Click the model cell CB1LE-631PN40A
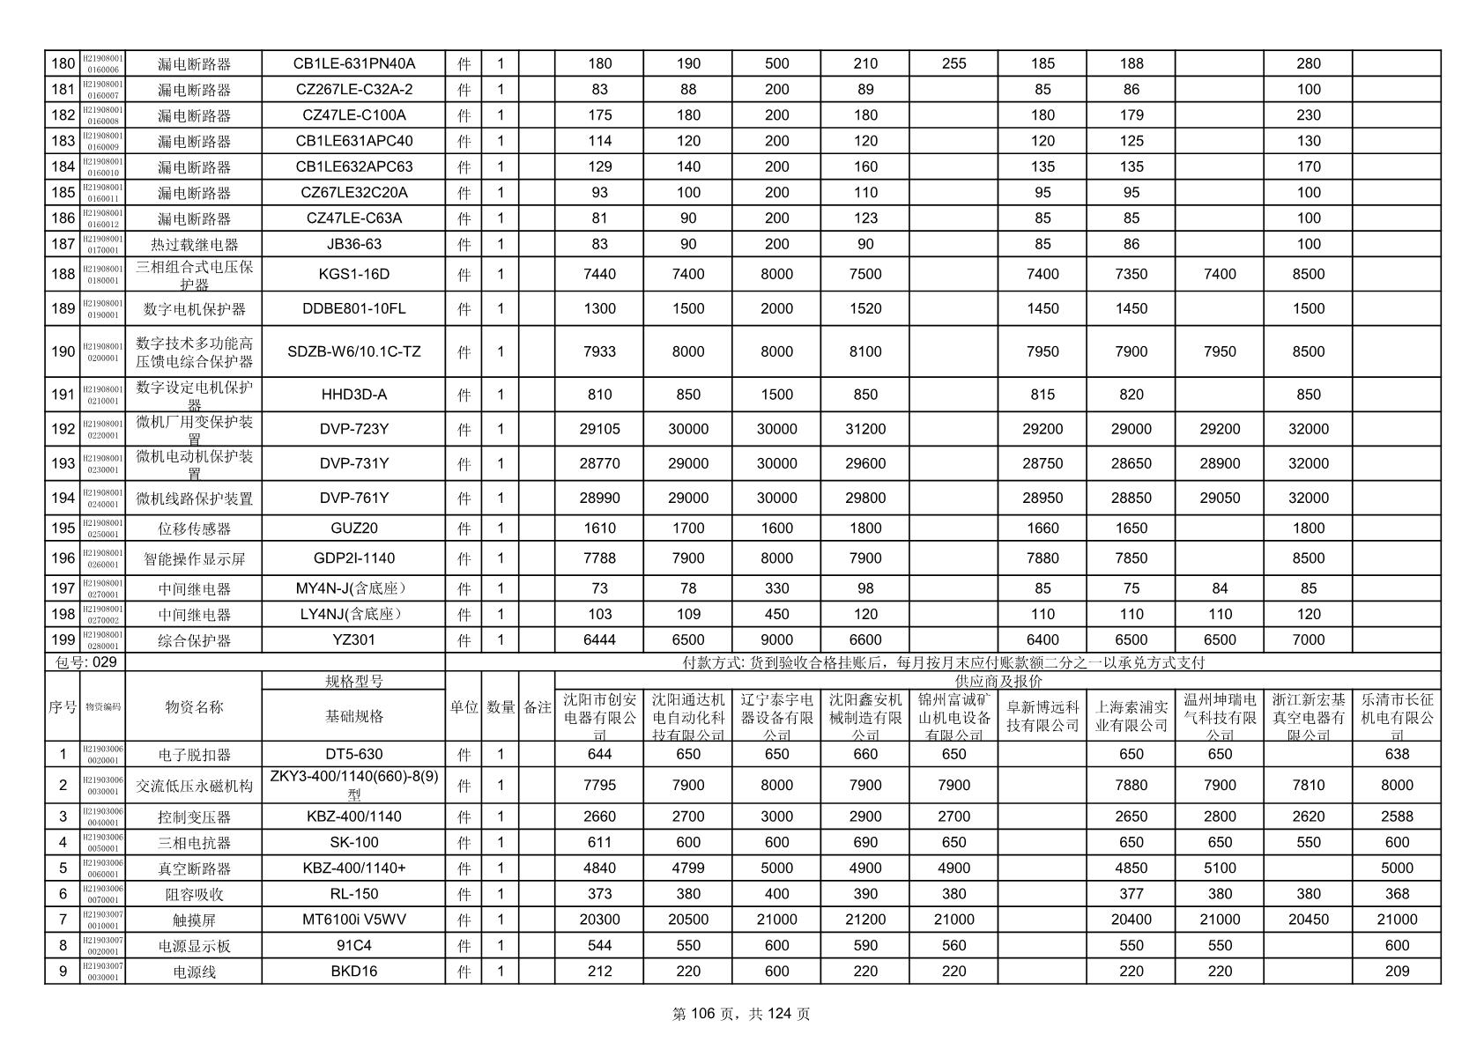353,63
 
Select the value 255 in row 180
953,63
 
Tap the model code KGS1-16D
353,274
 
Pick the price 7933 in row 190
599,351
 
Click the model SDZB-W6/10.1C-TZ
353,351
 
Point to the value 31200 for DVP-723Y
865,429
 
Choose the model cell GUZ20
353,528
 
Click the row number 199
63,640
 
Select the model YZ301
353,640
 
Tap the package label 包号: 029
86,662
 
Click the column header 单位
464,706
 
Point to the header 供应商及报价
998,681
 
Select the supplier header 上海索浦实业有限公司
1132,716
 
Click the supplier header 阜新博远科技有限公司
1043,716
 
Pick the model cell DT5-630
353,754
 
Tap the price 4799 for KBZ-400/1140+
688,868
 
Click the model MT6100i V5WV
353,920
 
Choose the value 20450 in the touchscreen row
1309,920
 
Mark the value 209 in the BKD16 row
1397,971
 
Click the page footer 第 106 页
706,1014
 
